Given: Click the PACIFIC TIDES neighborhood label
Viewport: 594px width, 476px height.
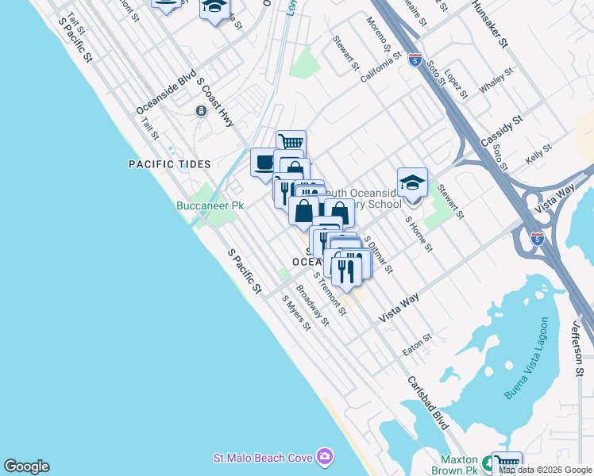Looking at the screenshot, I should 170,164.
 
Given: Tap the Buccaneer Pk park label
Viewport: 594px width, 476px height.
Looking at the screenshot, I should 210,205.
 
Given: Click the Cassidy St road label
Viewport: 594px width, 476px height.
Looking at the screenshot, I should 501,131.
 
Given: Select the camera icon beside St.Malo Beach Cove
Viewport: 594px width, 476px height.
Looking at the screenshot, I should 324,457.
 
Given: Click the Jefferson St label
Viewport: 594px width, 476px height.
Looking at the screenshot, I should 578,349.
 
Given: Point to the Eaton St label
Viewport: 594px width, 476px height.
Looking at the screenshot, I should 416,343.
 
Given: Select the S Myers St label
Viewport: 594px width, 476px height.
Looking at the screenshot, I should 296,313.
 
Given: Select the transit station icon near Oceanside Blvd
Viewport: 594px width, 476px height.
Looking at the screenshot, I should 201,110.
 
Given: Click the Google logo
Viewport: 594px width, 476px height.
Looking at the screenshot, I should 26,466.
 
